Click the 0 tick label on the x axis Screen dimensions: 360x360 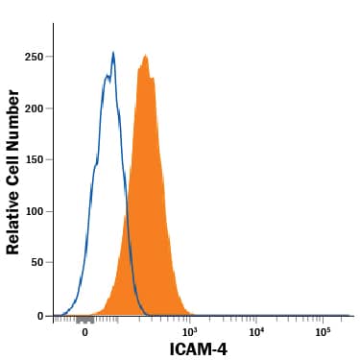point(85,332)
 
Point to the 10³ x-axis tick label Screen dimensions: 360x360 point(189,332)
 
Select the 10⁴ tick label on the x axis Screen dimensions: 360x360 point(256,332)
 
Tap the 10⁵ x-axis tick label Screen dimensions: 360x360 point(324,332)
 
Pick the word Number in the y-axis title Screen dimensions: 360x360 point(13,117)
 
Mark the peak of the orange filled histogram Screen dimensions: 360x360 point(145,55)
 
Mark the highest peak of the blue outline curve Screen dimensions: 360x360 point(113,52)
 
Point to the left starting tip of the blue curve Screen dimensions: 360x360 point(56,314)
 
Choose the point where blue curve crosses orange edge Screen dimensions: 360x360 point(127,209)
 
